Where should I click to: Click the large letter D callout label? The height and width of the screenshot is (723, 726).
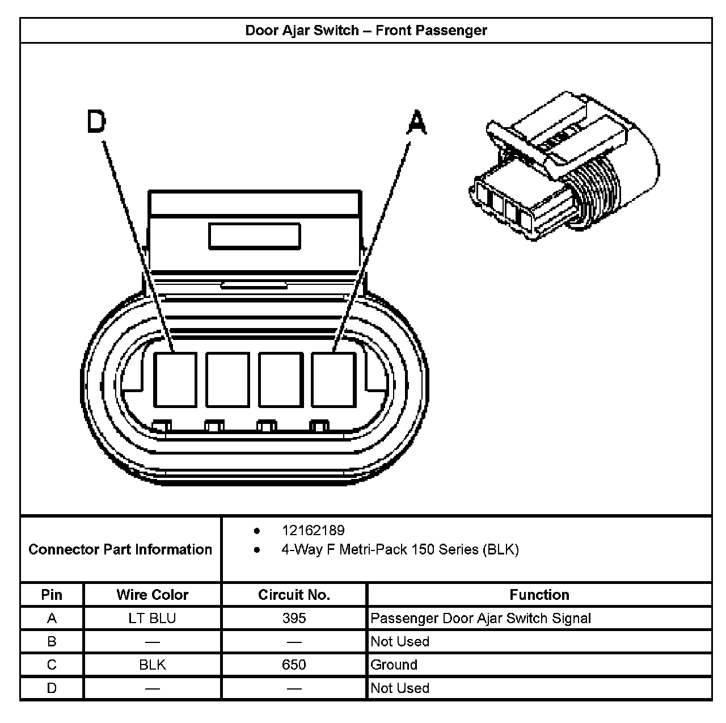coord(96,122)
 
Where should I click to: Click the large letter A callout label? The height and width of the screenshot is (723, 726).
coord(417,123)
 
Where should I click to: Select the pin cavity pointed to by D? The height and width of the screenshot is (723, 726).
coord(175,379)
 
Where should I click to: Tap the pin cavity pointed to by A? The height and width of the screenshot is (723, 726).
coord(334,379)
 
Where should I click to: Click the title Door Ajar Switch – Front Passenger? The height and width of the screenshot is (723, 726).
coord(366,31)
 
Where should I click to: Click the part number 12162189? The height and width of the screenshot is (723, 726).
coord(313,531)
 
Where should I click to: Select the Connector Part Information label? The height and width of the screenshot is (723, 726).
coord(120,549)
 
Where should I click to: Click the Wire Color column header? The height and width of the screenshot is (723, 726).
coord(152,595)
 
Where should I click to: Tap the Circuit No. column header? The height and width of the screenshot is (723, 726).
coord(294,595)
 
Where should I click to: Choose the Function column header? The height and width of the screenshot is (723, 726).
coord(539,595)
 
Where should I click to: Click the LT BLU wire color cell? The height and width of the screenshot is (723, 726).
coord(152,618)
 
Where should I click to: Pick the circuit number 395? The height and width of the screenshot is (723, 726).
coord(294,618)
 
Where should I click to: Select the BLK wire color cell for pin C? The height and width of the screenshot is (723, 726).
coord(152,665)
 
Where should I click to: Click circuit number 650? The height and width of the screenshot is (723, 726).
coord(294,665)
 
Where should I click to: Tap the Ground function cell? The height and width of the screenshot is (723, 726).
coord(394,665)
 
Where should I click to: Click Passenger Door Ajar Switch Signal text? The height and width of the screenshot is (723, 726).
coord(480,618)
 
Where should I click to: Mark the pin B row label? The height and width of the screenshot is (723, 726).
coord(52,641)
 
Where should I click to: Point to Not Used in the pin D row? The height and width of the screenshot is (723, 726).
coord(400,688)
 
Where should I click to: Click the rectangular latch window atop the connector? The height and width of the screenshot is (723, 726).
coord(254,236)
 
